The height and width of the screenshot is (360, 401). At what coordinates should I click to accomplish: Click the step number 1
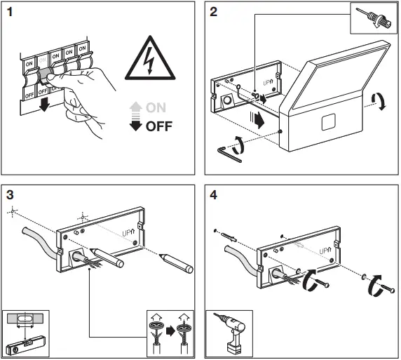click(x=10, y=12)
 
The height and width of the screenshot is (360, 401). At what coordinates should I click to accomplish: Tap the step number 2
click(x=213, y=12)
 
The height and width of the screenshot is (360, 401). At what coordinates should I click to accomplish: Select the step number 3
click(x=10, y=195)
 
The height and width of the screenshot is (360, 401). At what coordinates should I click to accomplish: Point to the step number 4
click(x=213, y=195)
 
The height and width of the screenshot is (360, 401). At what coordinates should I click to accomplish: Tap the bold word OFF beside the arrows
click(x=159, y=126)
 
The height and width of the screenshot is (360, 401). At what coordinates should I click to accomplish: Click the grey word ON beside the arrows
click(x=156, y=107)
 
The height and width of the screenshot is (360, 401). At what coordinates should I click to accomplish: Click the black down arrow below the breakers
click(x=44, y=105)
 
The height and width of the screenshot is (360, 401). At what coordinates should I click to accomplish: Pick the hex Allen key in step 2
click(x=229, y=154)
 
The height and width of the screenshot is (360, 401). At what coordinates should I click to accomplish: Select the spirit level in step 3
click(x=26, y=345)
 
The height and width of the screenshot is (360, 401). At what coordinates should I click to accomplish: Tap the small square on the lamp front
click(x=328, y=122)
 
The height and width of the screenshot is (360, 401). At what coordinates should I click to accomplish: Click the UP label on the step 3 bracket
click(x=128, y=233)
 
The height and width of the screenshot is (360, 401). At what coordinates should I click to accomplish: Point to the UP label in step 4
click(x=325, y=251)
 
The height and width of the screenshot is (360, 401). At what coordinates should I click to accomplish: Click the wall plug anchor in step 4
click(x=229, y=236)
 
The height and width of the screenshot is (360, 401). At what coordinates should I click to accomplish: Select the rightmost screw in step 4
click(x=388, y=288)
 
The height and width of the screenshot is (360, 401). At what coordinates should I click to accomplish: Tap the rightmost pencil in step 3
click(x=176, y=263)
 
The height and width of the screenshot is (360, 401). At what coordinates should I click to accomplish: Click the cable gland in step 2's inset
click(x=376, y=19)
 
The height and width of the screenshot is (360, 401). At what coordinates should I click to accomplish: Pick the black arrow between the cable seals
click(x=170, y=331)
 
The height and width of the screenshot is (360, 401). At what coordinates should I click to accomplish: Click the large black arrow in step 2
click(x=257, y=120)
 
